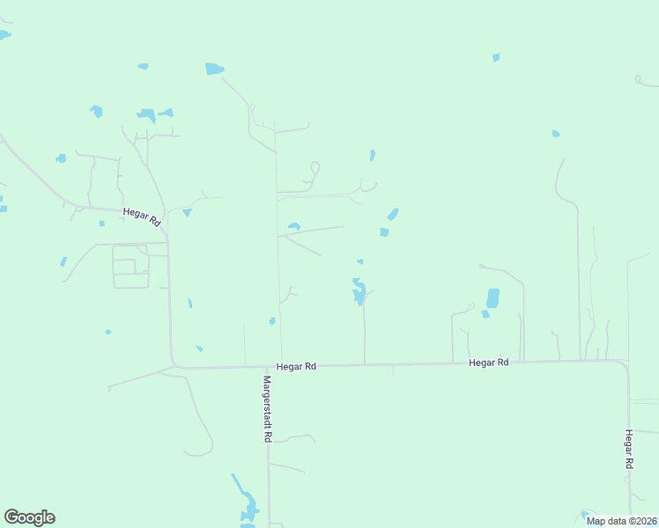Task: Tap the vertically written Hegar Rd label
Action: point(629,449)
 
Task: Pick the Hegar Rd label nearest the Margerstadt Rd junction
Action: point(296,365)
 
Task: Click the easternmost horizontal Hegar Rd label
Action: point(489,363)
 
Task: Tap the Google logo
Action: point(29,517)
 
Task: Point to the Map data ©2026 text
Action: point(622,521)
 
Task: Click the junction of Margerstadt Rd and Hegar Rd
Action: point(268,366)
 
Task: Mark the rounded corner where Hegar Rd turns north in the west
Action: point(174,362)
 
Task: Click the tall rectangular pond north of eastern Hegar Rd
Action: point(492,298)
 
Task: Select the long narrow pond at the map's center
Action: point(359,290)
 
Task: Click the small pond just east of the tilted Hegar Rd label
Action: point(187,212)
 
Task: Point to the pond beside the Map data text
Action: point(583,515)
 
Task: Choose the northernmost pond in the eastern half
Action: point(496,58)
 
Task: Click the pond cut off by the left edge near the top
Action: point(4,35)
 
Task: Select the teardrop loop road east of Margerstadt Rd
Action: point(314,167)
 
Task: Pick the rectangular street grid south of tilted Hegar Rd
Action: point(130,267)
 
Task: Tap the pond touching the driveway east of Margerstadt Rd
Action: point(294,227)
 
